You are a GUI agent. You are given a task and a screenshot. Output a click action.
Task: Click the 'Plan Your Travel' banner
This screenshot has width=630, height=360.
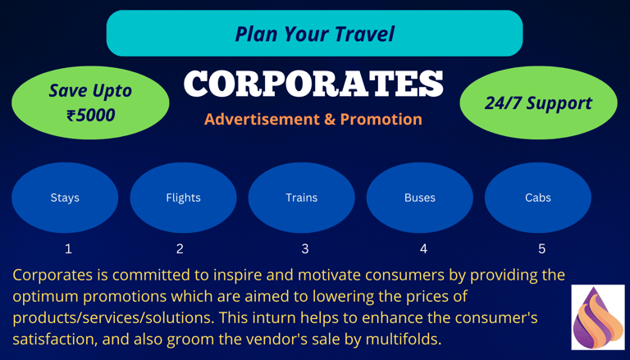coord(315,34)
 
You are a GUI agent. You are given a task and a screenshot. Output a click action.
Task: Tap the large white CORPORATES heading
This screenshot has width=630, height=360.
coord(314,84)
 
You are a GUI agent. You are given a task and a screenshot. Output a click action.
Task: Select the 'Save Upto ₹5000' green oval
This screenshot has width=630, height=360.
coord(90,103)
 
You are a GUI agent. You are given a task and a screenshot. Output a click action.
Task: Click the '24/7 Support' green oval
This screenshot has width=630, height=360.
coord(538,103)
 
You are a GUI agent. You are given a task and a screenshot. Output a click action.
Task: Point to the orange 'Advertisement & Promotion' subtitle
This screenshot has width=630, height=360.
coord(313,120)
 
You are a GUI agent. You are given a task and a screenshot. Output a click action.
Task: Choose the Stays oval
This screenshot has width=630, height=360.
coord(65,198)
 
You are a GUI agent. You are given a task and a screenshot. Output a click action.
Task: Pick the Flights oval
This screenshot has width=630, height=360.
coord(183,198)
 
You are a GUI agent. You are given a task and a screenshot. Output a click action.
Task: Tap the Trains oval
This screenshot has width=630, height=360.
coord(301,198)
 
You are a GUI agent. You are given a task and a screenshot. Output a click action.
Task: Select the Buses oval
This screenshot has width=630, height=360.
coord(420,198)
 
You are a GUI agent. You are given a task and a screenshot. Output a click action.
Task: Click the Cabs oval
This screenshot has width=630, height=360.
coord(538,198)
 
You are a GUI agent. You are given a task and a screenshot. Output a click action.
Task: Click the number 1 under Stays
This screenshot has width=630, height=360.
coord(68,249)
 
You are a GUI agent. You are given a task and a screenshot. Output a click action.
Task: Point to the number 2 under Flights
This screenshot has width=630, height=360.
coord(180,249)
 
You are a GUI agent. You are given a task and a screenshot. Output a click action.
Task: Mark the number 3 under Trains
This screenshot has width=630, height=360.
coord(305,249)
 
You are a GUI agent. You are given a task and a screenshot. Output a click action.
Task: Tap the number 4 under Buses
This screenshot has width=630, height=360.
coord(423,249)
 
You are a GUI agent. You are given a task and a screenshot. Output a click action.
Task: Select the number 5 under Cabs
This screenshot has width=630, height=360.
coord(541,249)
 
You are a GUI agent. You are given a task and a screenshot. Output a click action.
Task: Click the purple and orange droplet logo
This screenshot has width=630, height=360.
coord(598,317)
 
